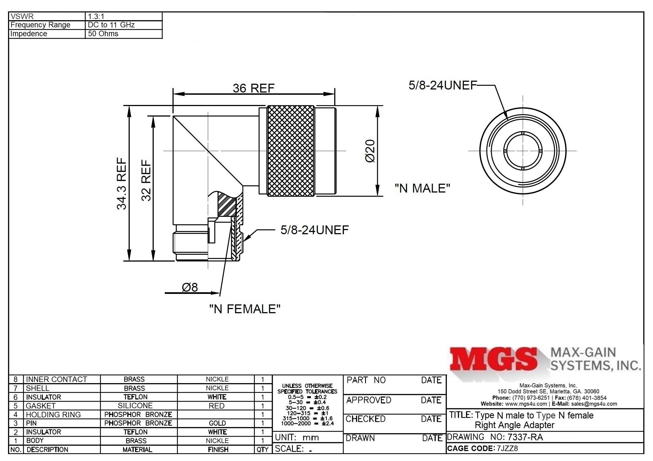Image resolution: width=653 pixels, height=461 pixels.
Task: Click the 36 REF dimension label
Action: tap(254, 88)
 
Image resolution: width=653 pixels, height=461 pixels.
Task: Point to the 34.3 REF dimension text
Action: tap(122, 184)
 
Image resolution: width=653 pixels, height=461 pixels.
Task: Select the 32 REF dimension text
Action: tap(146, 180)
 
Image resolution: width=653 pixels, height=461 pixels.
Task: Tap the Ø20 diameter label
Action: tap(370, 151)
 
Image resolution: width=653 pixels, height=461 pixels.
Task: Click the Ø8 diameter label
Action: tap(190, 288)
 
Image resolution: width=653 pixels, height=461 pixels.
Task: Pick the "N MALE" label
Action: tap(422, 188)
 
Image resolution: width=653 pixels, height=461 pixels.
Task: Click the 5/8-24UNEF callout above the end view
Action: tap(442, 85)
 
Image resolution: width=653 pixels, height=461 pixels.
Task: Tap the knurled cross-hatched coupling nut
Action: tap(290, 151)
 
